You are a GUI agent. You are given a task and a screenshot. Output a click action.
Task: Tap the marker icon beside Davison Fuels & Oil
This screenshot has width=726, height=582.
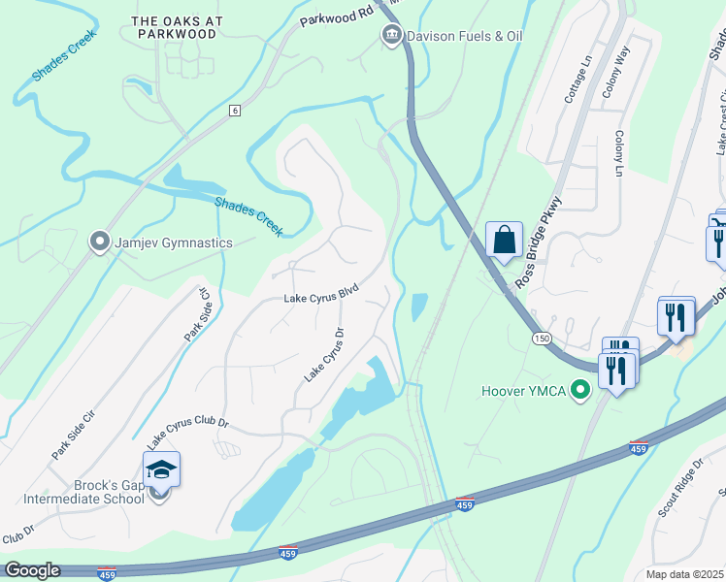click(390, 37)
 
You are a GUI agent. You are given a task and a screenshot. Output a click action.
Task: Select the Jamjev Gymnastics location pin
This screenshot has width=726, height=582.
click(99, 242)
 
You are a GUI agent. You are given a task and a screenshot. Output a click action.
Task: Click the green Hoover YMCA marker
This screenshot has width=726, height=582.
click(581, 392)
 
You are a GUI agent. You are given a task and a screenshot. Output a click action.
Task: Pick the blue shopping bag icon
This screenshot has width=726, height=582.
click(505, 241)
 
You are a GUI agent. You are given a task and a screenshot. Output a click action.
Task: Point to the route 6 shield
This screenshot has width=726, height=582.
click(234, 111)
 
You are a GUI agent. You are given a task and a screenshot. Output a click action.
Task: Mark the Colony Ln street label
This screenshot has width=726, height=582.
click(618, 154)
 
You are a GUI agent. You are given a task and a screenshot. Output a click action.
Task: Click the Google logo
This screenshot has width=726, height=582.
click(31, 569)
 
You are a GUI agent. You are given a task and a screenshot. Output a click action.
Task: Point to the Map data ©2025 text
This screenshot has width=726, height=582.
click(684, 574)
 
